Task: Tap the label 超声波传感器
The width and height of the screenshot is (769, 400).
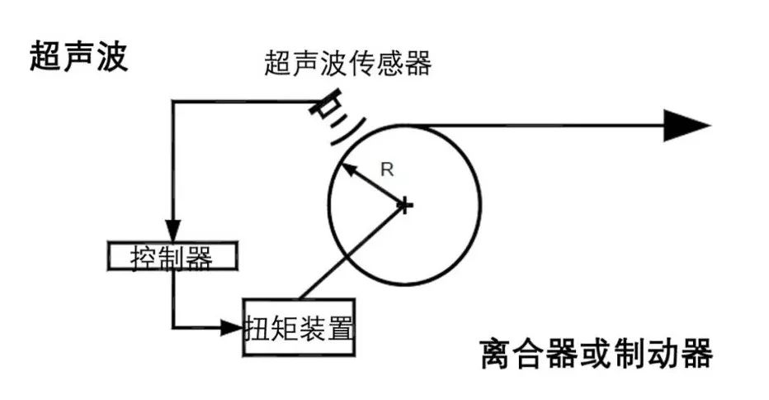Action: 347,64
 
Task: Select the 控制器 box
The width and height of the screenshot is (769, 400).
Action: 173,257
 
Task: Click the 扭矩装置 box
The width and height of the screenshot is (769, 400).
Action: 299,327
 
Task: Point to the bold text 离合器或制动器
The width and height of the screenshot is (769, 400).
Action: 596,355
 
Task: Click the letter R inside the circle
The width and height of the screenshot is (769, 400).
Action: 386,170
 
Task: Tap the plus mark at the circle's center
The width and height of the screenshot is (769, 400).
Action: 404,204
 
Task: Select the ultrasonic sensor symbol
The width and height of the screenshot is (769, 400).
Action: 328,107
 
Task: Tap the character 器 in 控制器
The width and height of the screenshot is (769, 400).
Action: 199,257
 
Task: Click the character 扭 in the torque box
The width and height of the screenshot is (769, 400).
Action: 258,328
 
